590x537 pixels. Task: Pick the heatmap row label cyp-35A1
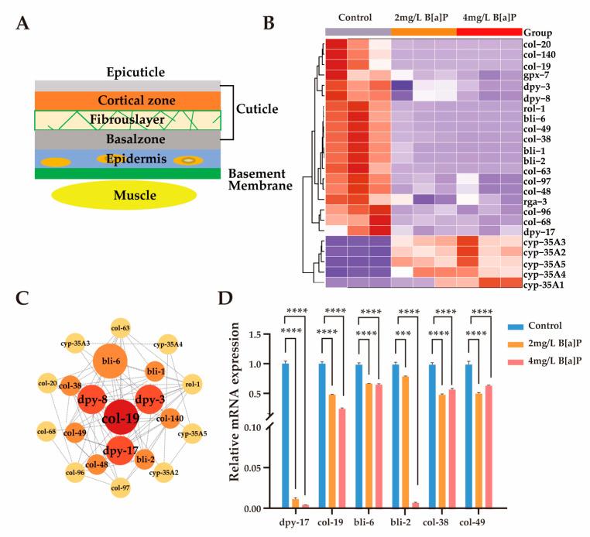coord(547,284)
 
